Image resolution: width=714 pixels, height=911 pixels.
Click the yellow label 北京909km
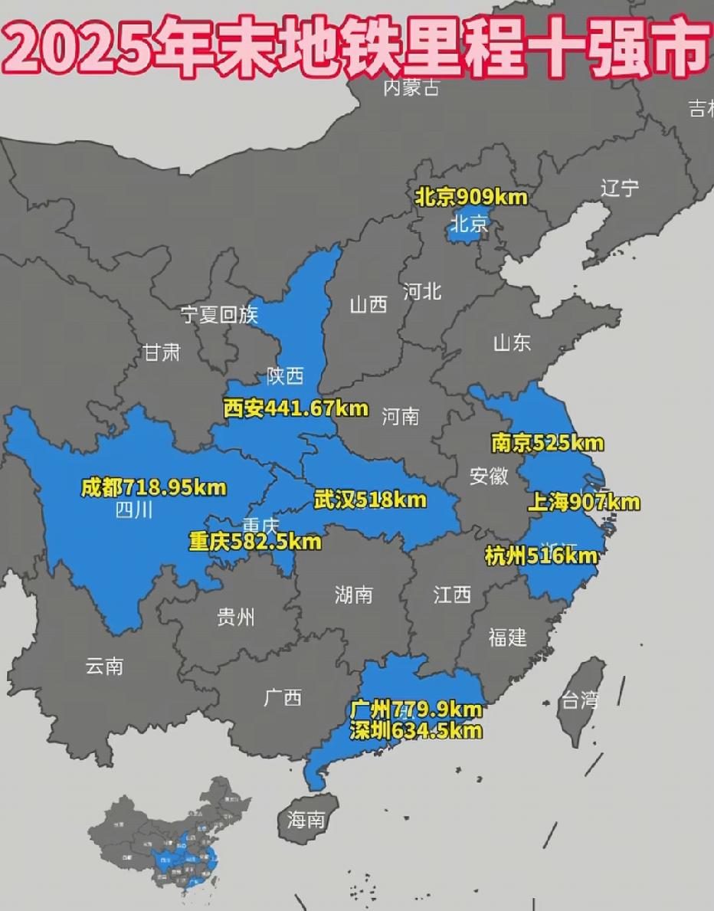(x=471, y=197)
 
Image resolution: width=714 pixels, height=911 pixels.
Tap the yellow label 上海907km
(x=584, y=503)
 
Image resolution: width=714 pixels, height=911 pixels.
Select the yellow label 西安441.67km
(x=296, y=409)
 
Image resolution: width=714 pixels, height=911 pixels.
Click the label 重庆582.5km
(x=255, y=542)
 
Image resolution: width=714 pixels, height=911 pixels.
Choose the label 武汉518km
(x=370, y=500)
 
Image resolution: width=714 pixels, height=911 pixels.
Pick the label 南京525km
(x=547, y=443)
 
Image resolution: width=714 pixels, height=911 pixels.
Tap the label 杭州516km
(x=541, y=556)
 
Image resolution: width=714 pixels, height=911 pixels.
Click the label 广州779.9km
(x=416, y=709)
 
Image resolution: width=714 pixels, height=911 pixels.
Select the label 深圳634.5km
(x=416, y=731)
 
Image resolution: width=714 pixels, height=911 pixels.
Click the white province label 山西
(x=368, y=305)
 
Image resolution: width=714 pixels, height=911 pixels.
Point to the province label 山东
(x=512, y=342)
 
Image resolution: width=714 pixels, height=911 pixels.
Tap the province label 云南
(x=104, y=666)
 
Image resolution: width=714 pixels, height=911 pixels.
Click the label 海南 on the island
(x=306, y=821)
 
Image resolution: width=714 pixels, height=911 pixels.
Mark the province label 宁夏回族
(x=220, y=314)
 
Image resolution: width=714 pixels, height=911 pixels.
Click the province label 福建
(x=507, y=636)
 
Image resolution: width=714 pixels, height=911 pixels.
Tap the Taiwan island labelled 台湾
(x=580, y=699)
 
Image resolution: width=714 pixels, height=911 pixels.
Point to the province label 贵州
(x=235, y=617)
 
